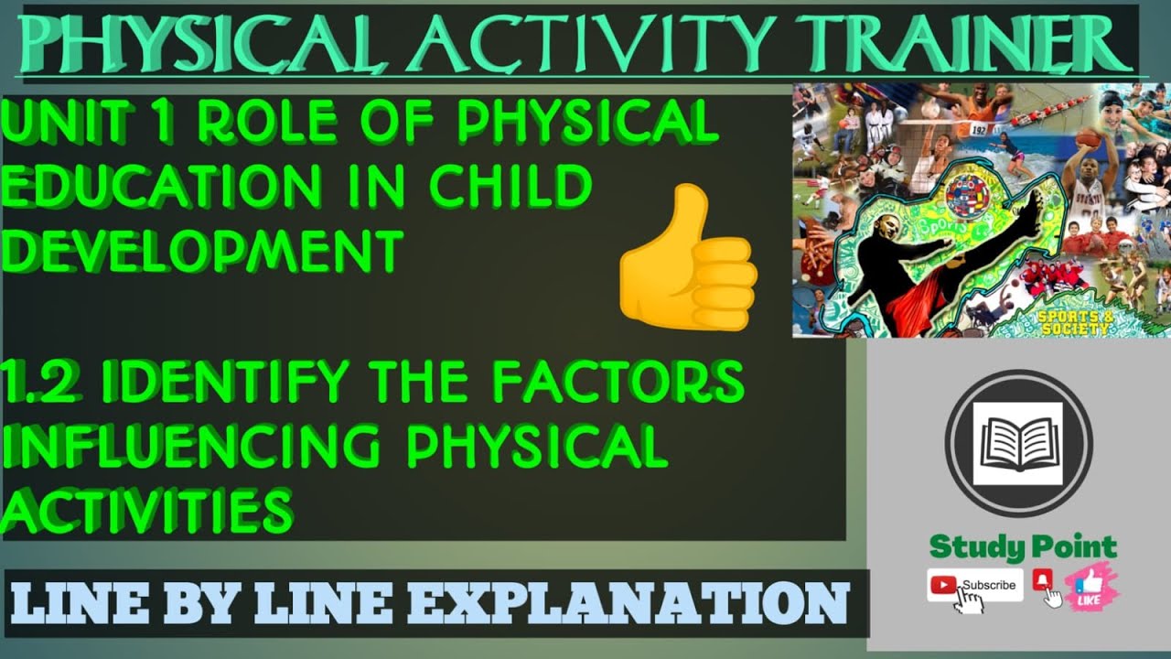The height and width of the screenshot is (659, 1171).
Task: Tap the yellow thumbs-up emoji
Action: tap(688, 257)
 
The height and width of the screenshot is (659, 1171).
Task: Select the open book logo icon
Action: tap(1017, 444)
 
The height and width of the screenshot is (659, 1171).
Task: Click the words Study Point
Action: tap(1023, 547)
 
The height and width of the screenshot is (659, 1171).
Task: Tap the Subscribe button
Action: tap(975, 585)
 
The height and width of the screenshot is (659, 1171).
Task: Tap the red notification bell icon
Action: tap(1042, 579)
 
